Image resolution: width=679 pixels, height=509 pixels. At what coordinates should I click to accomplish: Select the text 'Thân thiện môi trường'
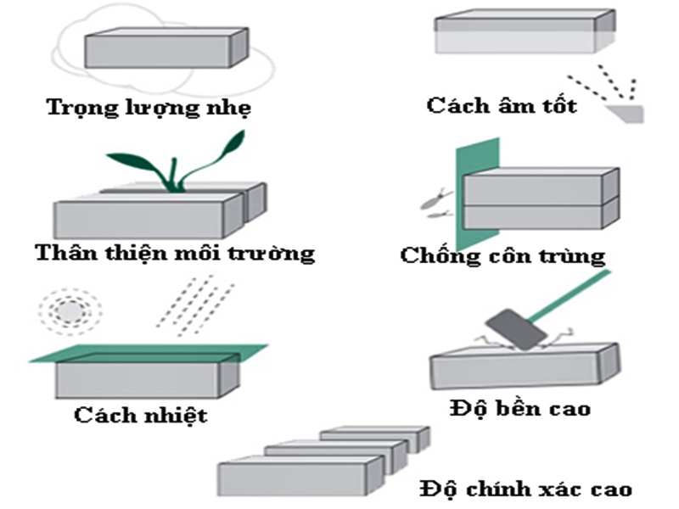click(x=175, y=252)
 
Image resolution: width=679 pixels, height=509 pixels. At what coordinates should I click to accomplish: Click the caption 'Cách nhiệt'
click(x=140, y=415)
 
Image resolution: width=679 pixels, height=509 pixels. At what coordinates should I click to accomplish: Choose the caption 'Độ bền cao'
click(x=519, y=408)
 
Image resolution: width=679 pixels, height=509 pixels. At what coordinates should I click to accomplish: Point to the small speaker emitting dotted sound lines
click(x=626, y=111)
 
